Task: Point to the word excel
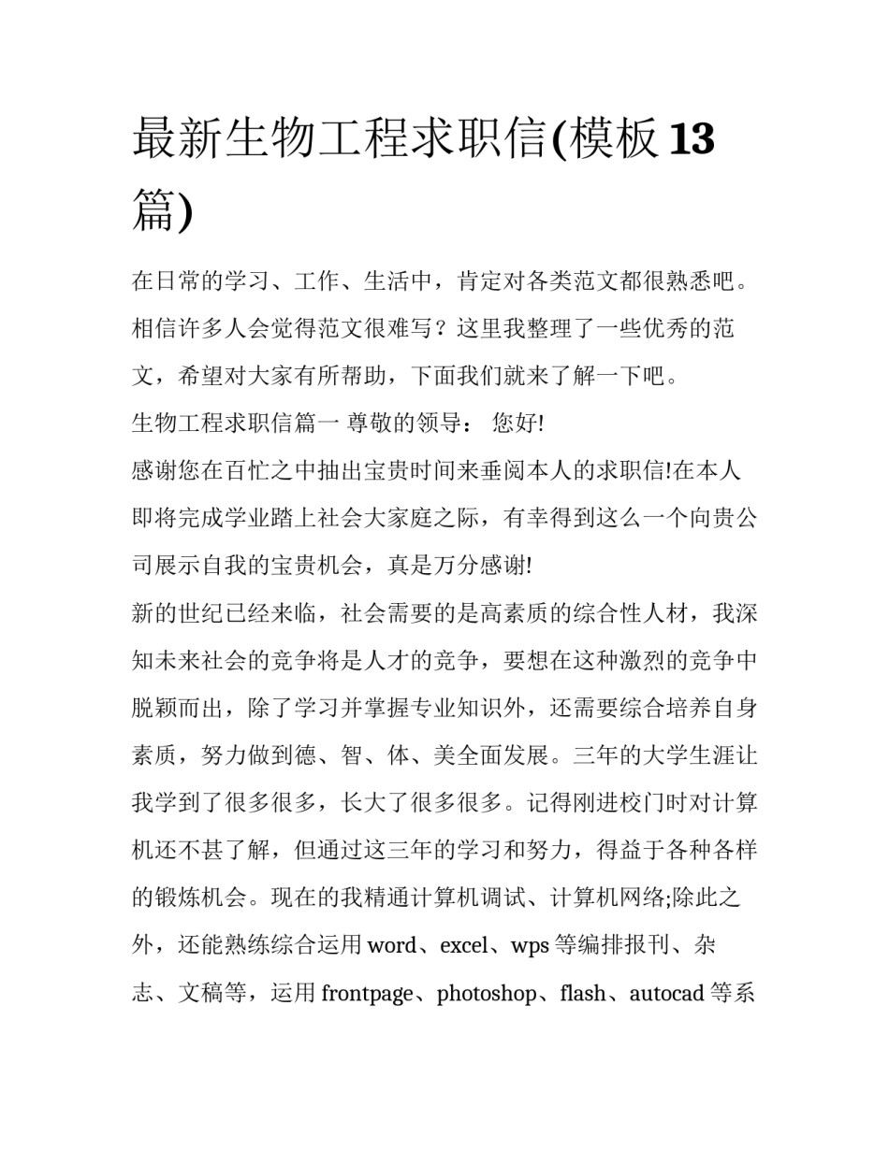(463, 945)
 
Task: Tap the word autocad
(666, 993)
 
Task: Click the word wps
(530, 945)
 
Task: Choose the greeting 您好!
(517, 424)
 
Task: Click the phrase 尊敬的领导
(404, 424)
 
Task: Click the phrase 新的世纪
(178, 613)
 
